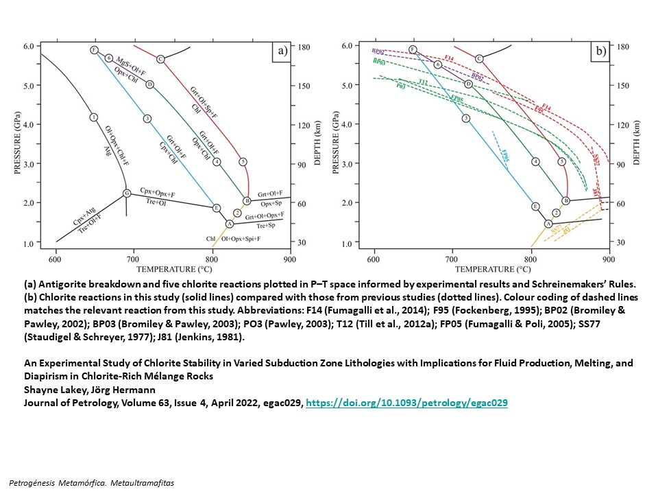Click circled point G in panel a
coord(127,193)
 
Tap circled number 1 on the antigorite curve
coord(94,117)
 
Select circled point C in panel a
coord(160,59)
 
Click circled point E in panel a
coord(216,208)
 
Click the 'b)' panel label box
coord(599,50)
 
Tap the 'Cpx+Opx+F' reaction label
coord(158,190)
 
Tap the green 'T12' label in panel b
coord(423,82)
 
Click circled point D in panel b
coord(468,84)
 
